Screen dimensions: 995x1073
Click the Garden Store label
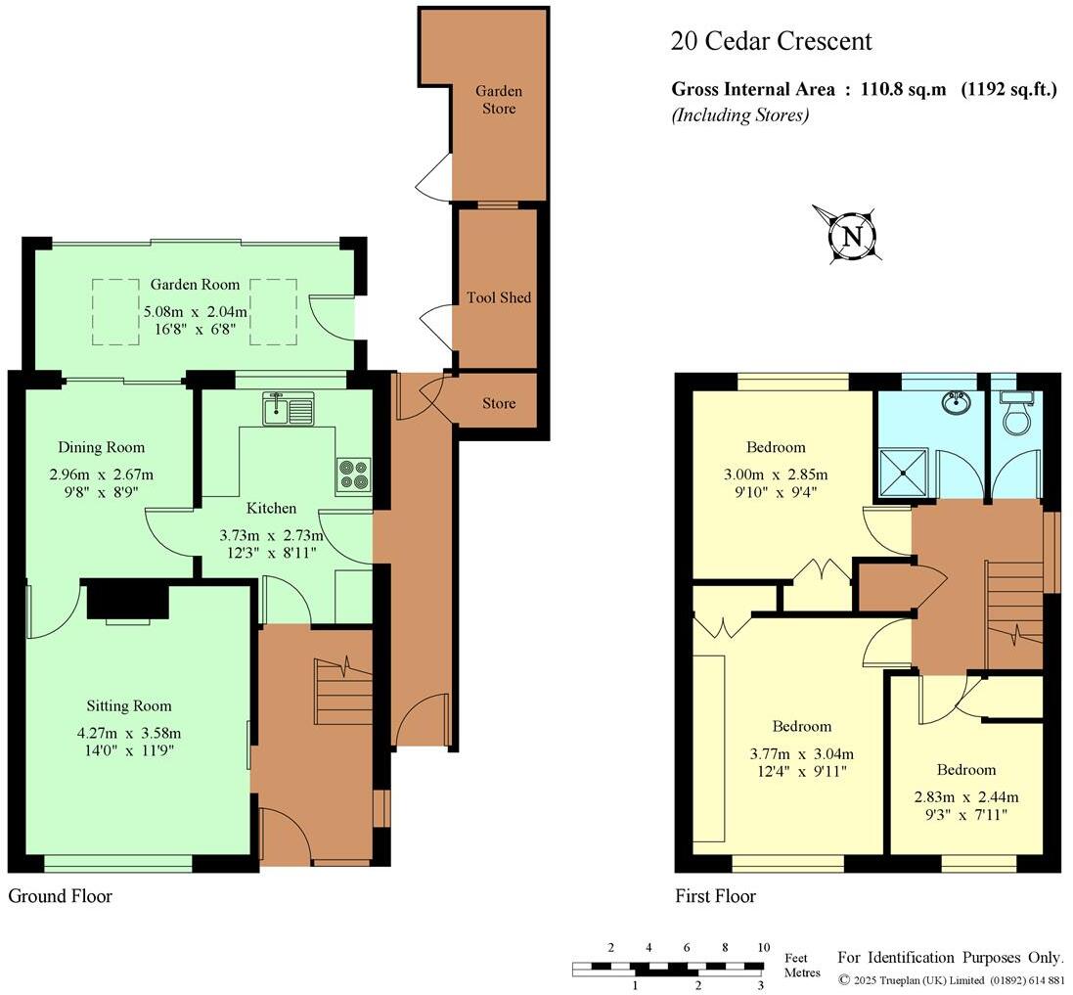click(499, 99)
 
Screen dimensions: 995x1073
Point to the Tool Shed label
click(499, 297)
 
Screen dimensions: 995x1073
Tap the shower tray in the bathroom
click(906, 473)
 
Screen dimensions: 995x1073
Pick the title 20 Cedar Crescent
click(771, 41)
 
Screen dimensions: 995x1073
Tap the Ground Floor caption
click(60, 896)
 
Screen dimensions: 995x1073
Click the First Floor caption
click(715, 896)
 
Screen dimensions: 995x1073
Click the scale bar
click(668, 968)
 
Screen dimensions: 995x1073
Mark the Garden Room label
click(195, 285)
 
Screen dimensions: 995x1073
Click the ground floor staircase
click(343, 690)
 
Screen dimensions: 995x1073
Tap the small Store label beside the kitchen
click(499, 403)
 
